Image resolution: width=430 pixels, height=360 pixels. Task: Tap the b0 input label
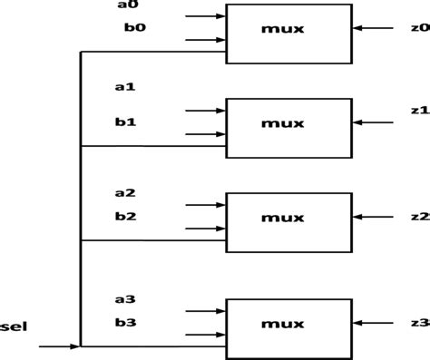tap(133, 27)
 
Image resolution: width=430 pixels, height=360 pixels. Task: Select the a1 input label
tap(125, 87)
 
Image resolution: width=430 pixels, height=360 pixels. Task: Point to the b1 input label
tap(125, 121)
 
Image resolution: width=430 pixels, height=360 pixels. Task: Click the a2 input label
tap(125, 193)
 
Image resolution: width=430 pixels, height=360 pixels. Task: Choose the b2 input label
tap(125, 216)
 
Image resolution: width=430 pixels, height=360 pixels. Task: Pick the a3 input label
tap(125, 299)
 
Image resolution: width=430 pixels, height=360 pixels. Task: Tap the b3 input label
tap(125, 322)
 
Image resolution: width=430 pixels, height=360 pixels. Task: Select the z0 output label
tap(419, 28)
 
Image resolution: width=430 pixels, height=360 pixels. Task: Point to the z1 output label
tap(419, 111)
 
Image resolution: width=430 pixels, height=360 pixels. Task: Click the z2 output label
tap(419, 217)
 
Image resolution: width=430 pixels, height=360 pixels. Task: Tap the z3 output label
tap(419, 323)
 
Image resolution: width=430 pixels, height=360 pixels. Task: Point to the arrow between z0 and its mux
tap(372, 29)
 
